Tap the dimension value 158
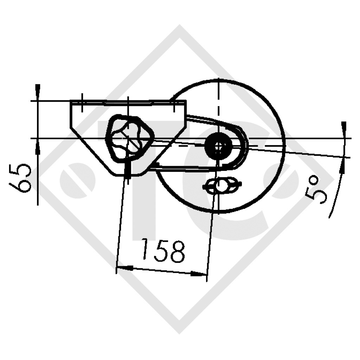click(x=163, y=250)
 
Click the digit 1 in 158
click(x=146, y=250)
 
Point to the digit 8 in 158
click(x=177, y=252)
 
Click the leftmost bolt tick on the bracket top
click(x=82, y=102)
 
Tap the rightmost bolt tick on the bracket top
click(x=173, y=104)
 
